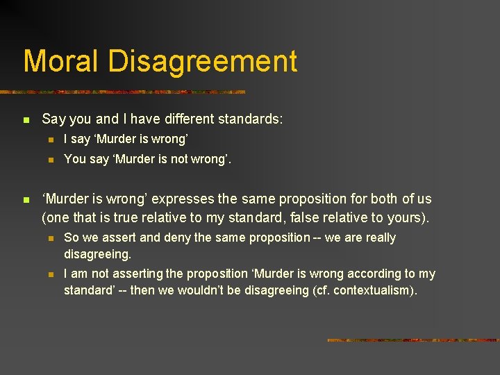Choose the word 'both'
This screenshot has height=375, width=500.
click(x=379, y=200)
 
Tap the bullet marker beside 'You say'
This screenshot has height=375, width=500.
click(x=49, y=160)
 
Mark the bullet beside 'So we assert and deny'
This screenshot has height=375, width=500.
click(x=49, y=238)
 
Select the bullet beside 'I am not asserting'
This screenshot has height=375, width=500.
click(x=49, y=274)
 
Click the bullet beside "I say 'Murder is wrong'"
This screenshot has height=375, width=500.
click(x=49, y=140)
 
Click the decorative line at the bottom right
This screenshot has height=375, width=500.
click(x=412, y=340)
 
